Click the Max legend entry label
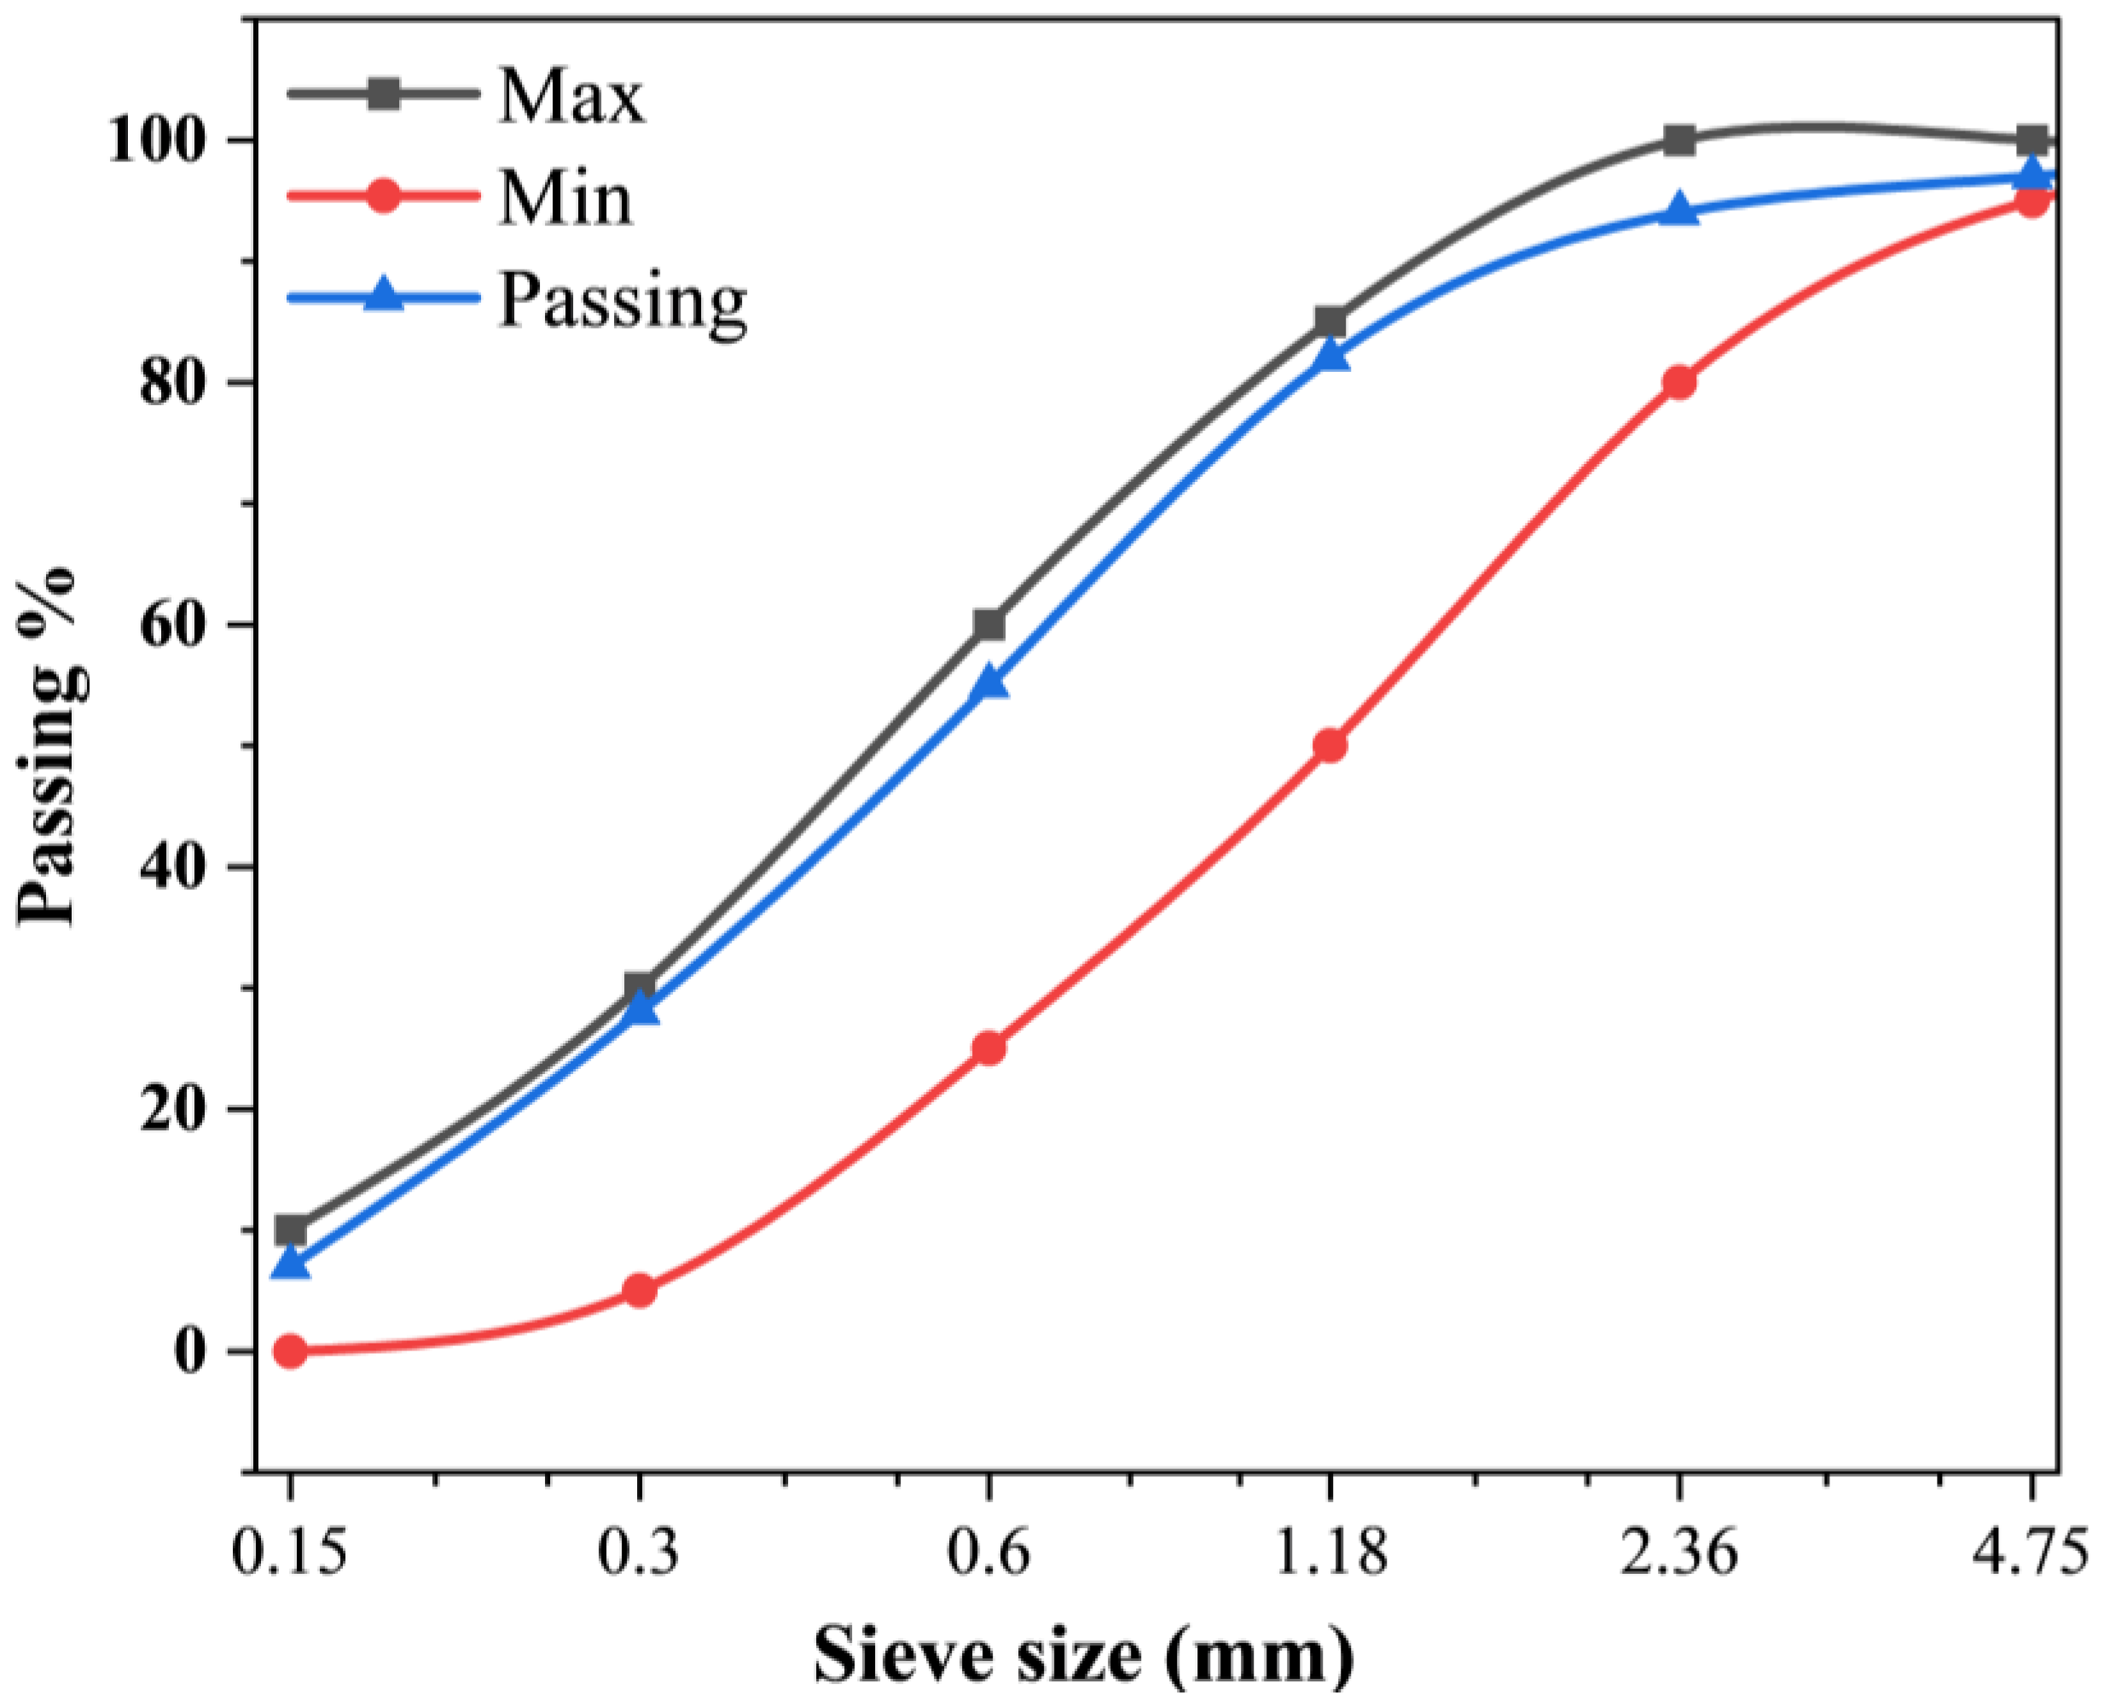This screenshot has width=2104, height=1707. pyautogui.click(x=571, y=96)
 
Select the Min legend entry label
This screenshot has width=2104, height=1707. pyautogui.click(x=565, y=198)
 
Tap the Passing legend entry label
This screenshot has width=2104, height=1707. pyautogui.click(x=623, y=300)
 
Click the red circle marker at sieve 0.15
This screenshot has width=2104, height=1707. pyautogui.click(x=290, y=1351)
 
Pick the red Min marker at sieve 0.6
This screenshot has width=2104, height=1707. pyautogui.click(x=989, y=1048)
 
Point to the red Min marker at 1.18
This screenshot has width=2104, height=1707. pyautogui.click(x=1330, y=746)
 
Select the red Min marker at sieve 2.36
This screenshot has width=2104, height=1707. pyautogui.click(x=1679, y=381)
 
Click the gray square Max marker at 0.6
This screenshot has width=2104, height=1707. pyautogui.click(x=989, y=624)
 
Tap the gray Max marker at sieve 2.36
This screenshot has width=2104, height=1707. pyautogui.click(x=1679, y=140)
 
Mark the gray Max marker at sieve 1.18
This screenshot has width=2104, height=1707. pyautogui.click(x=1330, y=322)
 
